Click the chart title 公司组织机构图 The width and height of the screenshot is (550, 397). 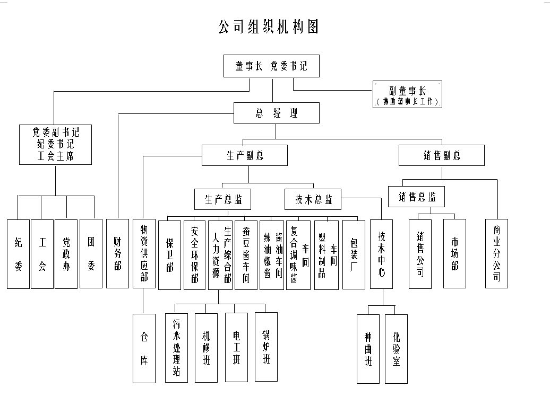point(269,27)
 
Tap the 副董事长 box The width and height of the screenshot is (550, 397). point(407,94)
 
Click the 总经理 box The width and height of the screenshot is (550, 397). point(277,113)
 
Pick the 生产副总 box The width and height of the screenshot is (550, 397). point(244,155)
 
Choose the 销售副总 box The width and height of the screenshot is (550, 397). point(442,155)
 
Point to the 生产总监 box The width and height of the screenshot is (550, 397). point(222,199)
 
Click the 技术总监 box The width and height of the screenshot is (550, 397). point(313,199)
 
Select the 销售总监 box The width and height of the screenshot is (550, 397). point(416,197)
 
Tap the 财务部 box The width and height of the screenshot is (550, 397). point(117,253)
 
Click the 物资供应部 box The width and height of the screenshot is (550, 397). point(143,253)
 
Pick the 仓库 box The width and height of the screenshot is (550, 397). point(143,348)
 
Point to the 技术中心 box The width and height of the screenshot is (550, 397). point(381,253)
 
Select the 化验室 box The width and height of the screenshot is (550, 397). point(396,348)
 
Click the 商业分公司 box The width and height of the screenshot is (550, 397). point(496,253)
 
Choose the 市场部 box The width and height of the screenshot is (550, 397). point(454,253)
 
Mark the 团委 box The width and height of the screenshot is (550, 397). point(91,253)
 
